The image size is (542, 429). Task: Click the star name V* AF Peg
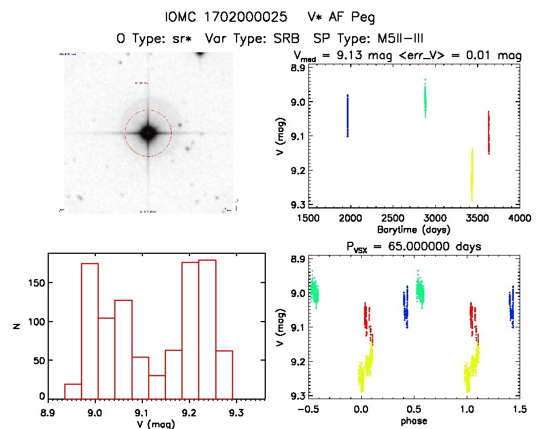(341, 17)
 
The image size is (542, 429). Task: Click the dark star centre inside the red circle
(148, 133)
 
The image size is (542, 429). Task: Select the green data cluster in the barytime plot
(425, 99)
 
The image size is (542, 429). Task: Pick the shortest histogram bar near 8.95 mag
(73, 391)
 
